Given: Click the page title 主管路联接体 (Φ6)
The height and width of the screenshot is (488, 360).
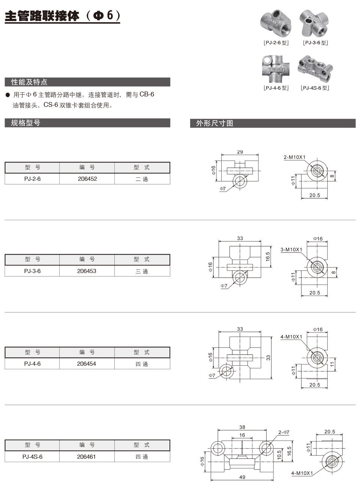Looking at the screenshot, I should pos(62,17).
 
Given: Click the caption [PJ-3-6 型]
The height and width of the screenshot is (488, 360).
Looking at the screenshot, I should pos(315,43).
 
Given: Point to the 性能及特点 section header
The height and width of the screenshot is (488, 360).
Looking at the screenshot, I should pos(29,82).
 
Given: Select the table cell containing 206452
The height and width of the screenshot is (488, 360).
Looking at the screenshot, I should pos(87,179).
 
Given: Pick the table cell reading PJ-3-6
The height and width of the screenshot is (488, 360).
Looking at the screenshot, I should pos(32,271).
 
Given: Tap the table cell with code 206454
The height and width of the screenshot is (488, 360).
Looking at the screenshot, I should pos(87,363).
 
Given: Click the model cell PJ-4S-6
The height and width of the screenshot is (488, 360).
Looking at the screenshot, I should pos(32,456).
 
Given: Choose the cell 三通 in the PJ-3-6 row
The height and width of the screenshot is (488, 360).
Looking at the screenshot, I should pos(142,271).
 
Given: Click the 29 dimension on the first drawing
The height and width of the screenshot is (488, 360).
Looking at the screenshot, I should pos(240,152).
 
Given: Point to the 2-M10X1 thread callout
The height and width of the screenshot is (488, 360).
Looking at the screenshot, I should pos(294,158).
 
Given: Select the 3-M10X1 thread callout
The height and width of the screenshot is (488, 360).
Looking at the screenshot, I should pos(291,249).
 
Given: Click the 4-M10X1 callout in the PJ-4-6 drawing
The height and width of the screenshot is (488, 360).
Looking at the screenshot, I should pos(291,337).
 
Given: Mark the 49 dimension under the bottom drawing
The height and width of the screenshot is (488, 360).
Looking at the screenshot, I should pos(242,477).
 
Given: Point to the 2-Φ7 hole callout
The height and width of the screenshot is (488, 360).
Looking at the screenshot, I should pos(284,432).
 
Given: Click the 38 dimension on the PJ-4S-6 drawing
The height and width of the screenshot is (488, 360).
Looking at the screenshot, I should pos(242,427).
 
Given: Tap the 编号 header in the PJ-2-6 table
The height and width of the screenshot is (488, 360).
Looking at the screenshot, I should pos(87,167).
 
